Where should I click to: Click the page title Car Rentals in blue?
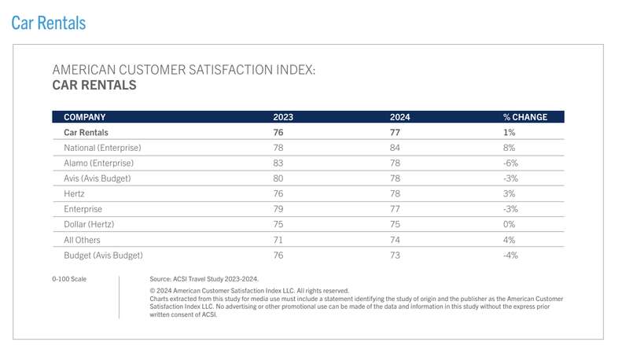[48, 23]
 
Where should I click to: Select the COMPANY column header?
[84, 117]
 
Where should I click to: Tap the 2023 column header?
[283, 117]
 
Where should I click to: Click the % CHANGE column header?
[524, 117]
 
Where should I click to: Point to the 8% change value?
[509, 148]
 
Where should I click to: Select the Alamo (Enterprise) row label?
[98, 163]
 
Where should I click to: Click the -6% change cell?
[510, 163]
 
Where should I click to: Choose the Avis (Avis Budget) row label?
[97, 178]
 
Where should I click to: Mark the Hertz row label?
[75, 194]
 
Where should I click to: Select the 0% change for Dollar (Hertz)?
[509, 225]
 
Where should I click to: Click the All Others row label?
[82, 240]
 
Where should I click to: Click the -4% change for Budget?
[510, 255]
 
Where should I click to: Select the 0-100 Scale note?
[69, 279]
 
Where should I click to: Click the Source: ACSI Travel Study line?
[203, 279]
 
